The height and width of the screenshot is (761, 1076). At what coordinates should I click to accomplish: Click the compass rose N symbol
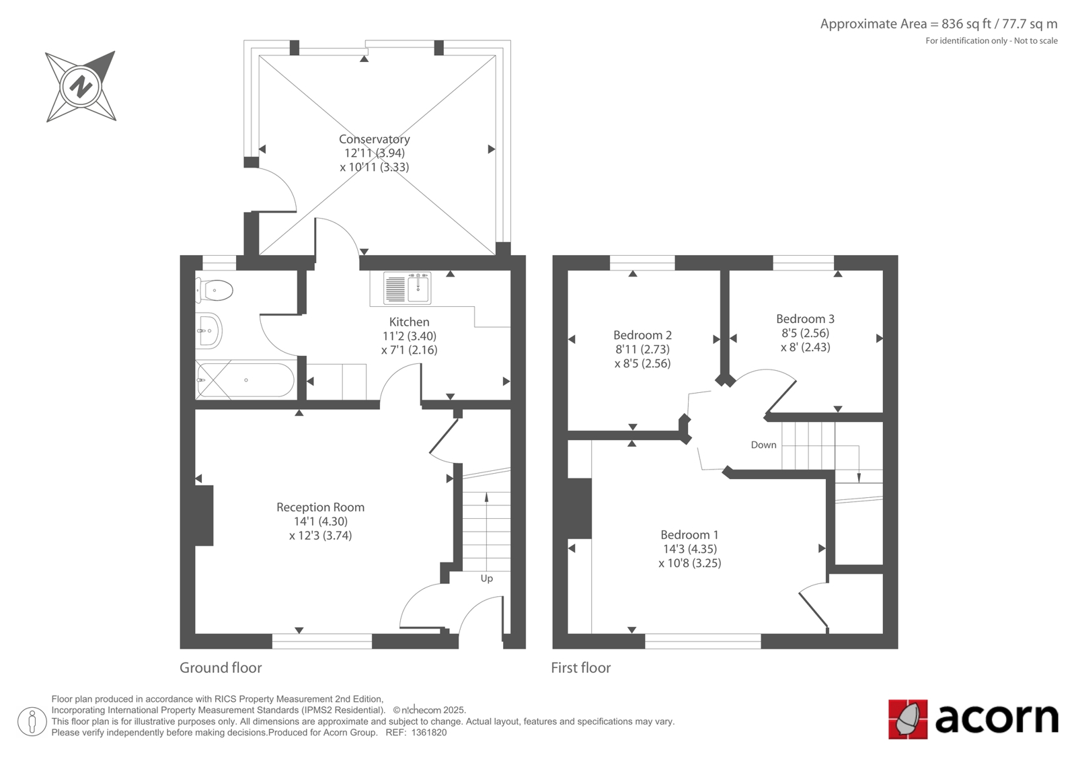pos(81,87)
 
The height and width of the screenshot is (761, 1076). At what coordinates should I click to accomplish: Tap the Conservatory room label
pos(374,139)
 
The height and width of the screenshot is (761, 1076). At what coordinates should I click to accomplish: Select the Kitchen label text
pos(410,322)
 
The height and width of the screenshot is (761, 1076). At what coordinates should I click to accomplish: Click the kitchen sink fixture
pos(408,288)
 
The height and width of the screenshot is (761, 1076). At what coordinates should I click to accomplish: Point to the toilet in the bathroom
pos(215,291)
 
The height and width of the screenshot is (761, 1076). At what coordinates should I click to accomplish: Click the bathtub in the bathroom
pos(245,379)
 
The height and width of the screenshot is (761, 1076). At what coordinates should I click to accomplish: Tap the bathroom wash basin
pos(209,330)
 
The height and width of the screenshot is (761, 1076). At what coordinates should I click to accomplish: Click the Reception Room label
pos(320,507)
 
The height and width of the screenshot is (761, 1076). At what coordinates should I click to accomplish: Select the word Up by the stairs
pos(487,579)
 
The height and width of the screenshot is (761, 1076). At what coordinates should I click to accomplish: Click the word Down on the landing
pos(763,445)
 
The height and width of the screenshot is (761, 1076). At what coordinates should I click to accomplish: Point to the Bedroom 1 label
pos(689,534)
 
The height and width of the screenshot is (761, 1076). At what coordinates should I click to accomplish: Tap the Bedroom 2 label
pos(642,335)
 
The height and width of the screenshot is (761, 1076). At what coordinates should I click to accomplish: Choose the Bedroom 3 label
pos(805,319)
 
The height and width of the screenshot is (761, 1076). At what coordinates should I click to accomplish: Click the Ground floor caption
pos(221,667)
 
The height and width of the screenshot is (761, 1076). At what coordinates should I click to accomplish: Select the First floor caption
pos(581,667)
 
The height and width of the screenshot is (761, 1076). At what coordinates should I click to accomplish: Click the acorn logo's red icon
pos(907,719)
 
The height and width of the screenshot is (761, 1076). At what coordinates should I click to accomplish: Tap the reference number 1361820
pos(428,733)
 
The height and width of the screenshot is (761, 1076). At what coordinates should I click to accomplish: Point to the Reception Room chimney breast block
pos(204,515)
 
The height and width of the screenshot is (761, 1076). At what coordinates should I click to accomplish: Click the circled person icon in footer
pos(32,721)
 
